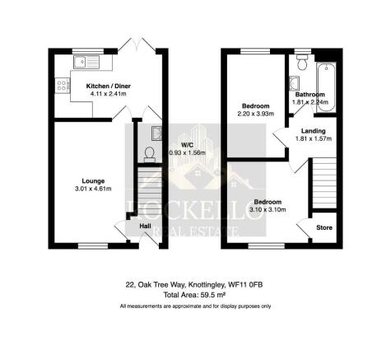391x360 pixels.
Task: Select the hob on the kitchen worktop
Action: pos(62,85)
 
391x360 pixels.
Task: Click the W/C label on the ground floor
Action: pos(176,146)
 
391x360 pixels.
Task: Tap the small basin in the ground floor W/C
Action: pos(156,132)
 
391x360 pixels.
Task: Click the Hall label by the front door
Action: pos(145,225)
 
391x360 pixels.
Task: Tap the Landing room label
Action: pos(312,131)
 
